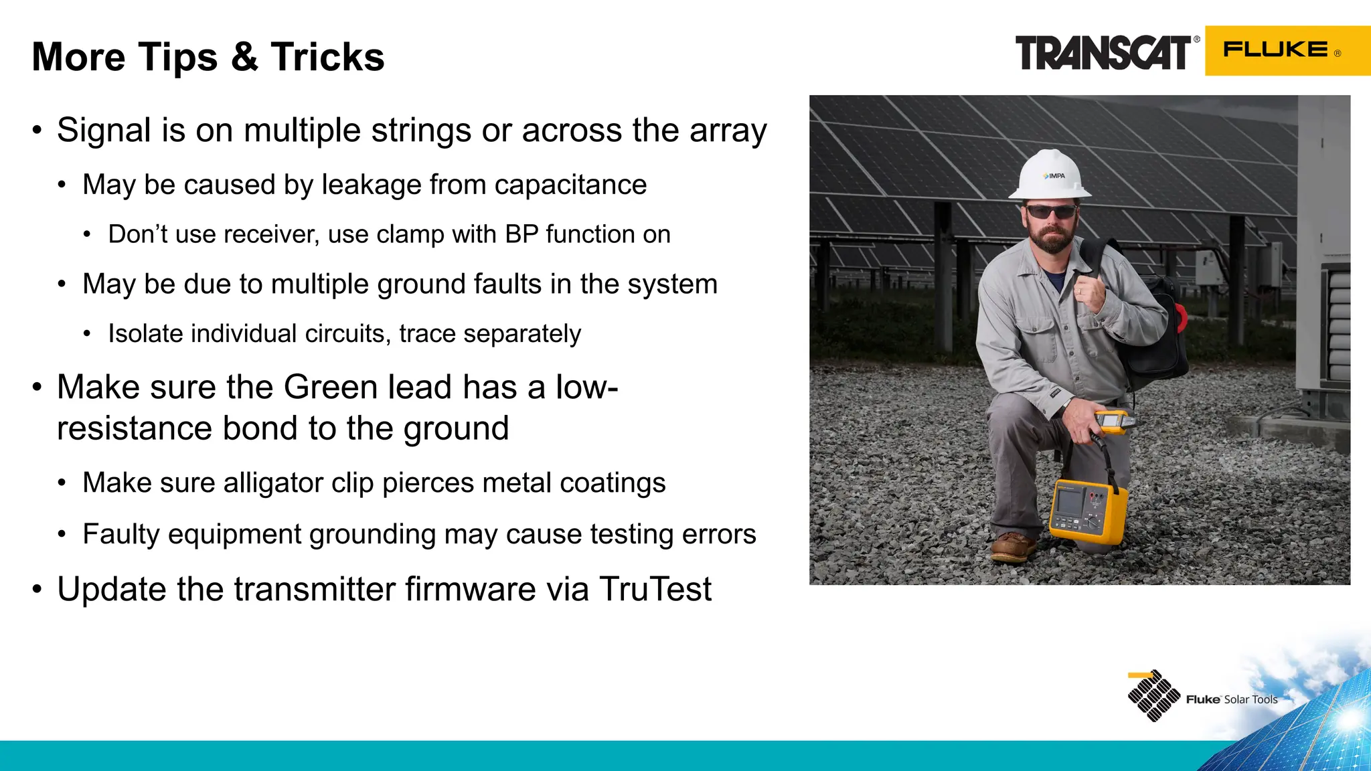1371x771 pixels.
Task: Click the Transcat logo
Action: (x=1103, y=53)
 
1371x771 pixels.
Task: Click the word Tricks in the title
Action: (x=327, y=57)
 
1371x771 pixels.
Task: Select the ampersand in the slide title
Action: (x=244, y=57)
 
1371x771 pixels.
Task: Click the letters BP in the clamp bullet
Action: (x=521, y=234)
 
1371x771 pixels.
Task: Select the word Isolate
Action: (x=145, y=333)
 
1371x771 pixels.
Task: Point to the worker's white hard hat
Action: (x=1049, y=174)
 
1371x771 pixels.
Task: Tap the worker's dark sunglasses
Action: (x=1051, y=211)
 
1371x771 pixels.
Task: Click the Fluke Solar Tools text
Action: (x=1231, y=699)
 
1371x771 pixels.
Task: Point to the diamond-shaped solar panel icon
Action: (x=1153, y=696)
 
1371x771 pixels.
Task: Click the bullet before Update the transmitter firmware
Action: (x=37, y=590)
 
